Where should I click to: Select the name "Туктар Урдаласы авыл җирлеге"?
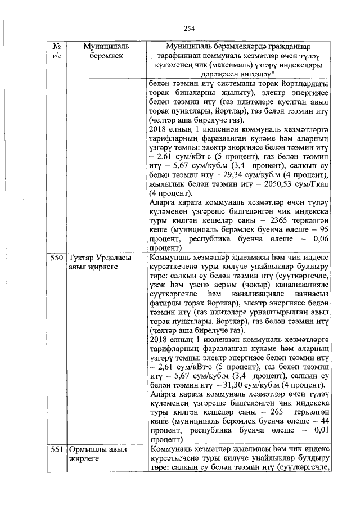100,263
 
